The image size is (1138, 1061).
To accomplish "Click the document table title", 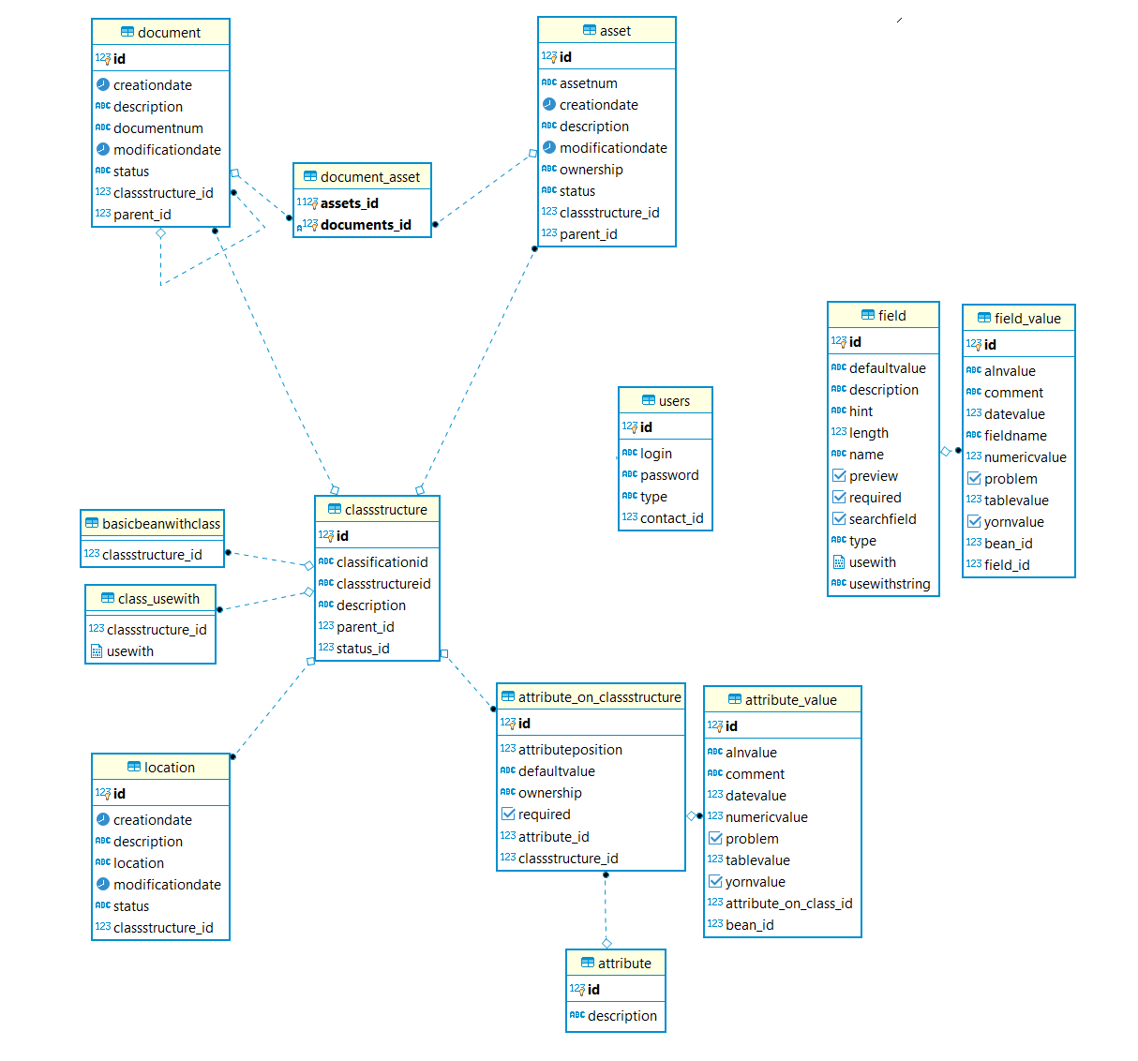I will (x=169, y=33).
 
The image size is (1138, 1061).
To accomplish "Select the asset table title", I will (x=615, y=31).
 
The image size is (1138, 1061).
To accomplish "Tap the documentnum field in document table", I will (x=157, y=128).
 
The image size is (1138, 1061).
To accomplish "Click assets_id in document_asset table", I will (x=349, y=203).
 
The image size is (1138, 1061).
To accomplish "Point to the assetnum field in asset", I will (x=588, y=83).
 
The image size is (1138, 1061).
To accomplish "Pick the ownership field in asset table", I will (x=591, y=170).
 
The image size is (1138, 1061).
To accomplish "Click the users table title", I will (x=673, y=401).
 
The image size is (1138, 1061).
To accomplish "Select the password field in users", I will (x=669, y=475).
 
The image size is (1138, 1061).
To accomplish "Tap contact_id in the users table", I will (x=671, y=518).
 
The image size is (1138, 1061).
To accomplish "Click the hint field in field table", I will (x=861, y=411).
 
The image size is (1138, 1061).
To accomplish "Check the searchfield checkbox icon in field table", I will (x=839, y=518).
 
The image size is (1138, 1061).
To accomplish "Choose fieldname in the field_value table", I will (x=1015, y=436).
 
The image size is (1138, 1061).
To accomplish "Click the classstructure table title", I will (x=385, y=510).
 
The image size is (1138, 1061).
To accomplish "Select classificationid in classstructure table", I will (x=382, y=562).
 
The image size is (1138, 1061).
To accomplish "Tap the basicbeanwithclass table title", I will (x=161, y=524).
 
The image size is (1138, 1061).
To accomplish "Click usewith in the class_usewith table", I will (x=129, y=651).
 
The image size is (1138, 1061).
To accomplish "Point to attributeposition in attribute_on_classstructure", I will (x=570, y=750).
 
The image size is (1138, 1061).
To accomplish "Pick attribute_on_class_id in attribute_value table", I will (x=788, y=904).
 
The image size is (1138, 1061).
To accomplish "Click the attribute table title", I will (x=624, y=964).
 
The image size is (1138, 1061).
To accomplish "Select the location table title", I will (x=170, y=768).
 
